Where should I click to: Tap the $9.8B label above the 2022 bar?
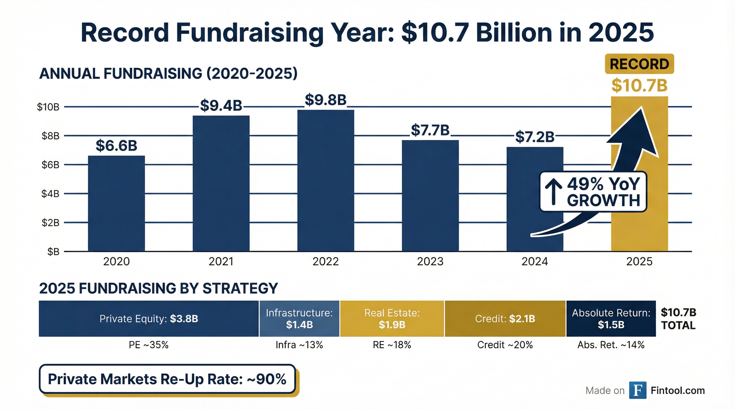[x=326, y=100]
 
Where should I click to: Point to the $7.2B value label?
[x=535, y=137]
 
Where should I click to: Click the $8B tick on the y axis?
[x=50, y=136]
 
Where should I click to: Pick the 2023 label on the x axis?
[x=430, y=261]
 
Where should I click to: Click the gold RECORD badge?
[x=639, y=64]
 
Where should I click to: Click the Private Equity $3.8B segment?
[x=149, y=318]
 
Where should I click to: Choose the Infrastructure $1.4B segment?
[x=299, y=318]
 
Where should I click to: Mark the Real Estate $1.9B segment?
[x=392, y=318]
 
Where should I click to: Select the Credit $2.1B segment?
[x=505, y=318]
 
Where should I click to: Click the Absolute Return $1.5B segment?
[x=611, y=318]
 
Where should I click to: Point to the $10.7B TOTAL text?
[x=678, y=319]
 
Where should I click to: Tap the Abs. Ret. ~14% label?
[x=611, y=345]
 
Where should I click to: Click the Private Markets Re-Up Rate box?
[x=167, y=379]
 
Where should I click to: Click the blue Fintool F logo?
[x=638, y=390]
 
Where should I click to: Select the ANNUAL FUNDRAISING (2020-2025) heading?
[x=168, y=74]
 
